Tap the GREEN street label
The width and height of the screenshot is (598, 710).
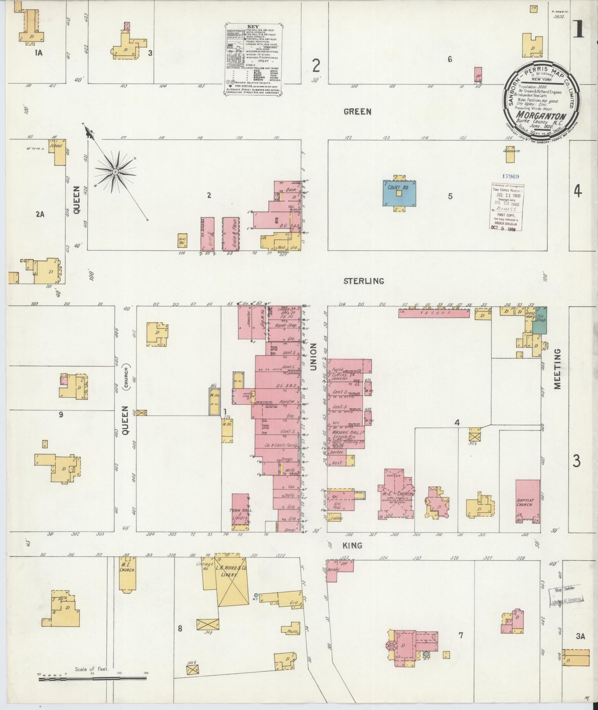coord(358,111)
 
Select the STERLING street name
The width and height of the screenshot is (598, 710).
coord(363,281)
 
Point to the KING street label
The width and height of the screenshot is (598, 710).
coord(353,546)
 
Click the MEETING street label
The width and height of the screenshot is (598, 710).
coord(557,369)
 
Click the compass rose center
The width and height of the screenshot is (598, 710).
coord(115,170)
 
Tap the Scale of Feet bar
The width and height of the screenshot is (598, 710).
coord(92,679)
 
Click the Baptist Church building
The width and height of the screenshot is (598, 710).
coord(527,501)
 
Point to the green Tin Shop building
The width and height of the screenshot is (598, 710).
coord(539,320)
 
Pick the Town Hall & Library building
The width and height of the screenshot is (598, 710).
coord(240,512)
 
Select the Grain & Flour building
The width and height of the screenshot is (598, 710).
coord(231,234)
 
